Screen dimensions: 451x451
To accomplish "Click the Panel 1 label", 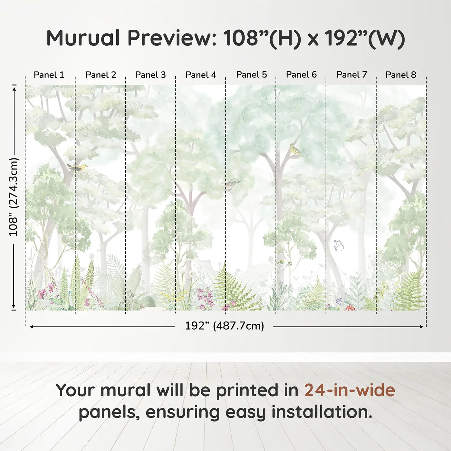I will [x=49, y=75].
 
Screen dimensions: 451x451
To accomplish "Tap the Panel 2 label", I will [x=101, y=75].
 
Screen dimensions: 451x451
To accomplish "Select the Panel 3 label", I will [x=150, y=75].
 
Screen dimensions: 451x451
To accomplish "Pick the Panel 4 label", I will [x=201, y=75].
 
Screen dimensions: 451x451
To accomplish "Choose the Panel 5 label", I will [x=252, y=75].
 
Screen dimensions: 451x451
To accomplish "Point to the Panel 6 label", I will [x=302, y=75].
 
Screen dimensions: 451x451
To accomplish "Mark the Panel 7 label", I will [x=352, y=75].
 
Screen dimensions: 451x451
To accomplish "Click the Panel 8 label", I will [x=401, y=75].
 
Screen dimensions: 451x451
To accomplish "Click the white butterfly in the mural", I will [x=338, y=245].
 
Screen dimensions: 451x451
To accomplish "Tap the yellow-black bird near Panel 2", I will [x=78, y=168].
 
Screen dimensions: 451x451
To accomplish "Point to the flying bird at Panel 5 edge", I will [x=232, y=184].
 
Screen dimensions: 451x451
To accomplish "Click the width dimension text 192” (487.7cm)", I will [x=224, y=326].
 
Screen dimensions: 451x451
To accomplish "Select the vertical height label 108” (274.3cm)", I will [x=14, y=197].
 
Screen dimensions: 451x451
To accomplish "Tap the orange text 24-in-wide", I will [x=350, y=390].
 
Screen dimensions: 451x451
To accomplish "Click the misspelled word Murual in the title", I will [x=83, y=38].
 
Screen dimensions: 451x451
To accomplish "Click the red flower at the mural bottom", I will [x=350, y=308].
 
